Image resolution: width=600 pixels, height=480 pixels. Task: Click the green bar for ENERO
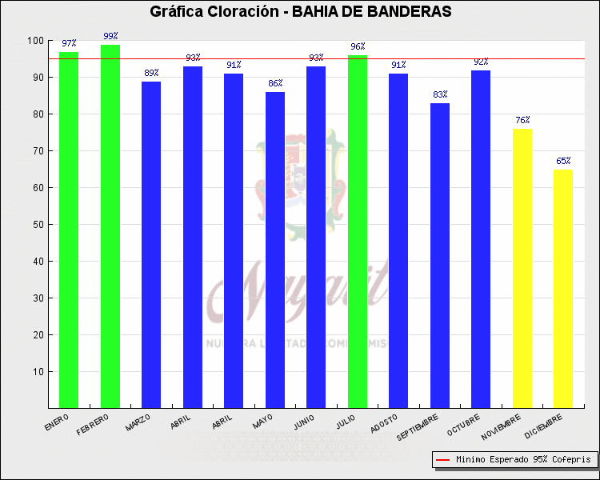pyautogui.click(x=69, y=230)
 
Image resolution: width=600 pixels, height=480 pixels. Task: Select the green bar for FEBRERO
pyautogui.click(x=110, y=226)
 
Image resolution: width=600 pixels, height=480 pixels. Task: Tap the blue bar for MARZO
pyautogui.click(x=151, y=245)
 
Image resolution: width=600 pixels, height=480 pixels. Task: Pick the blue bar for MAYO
pyautogui.click(x=275, y=250)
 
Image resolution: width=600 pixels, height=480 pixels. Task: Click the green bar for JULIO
pyautogui.click(x=358, y=231)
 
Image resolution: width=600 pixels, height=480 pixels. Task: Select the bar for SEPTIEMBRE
pyautogui.click(x=440, y=255)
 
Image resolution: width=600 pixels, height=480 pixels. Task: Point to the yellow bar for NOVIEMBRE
pyautogui.click(x=522, y=268)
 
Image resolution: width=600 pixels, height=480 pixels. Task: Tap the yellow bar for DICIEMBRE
pyautogui.click(x=563, y=288)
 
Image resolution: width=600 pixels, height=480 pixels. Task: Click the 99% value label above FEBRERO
pyautogui.click(x=110, y=36)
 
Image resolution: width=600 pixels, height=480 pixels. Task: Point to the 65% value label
pyautogui.click(x=563, y=161)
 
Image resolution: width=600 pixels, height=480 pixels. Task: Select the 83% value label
pyautogui.click(x=440, y=94)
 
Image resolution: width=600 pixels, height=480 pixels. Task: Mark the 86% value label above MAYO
pyautogui.click(x=275, y=83)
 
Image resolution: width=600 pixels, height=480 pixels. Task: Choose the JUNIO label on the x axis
pyautogui.click(x=301, y=422)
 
